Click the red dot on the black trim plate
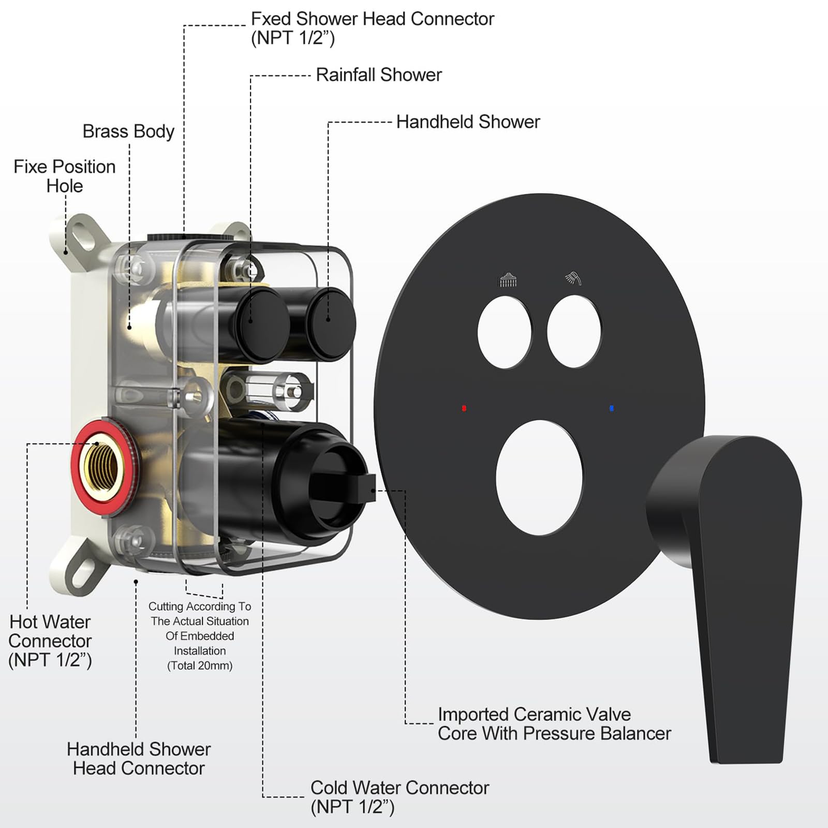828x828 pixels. (x=464, y=408)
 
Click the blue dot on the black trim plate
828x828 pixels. (x=612, y=408)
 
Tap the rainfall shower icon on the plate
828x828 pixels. (x=508, y=279)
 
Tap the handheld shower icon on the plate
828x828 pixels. (x=573, y=278)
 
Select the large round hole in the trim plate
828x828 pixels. (x=539, y=478)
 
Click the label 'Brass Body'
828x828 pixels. (x=128, y=131)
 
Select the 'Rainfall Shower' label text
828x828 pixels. (x=379, y=75)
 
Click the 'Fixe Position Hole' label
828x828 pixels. (x=65, y=176)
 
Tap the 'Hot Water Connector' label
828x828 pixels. (x=50, y=641)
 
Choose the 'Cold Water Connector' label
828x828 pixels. (x=400, y=797)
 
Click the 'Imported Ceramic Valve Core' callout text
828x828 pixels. (x=554, y=723)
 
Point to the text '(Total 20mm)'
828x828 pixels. (x=200, y=666)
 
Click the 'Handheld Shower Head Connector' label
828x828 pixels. (x=139, y=759)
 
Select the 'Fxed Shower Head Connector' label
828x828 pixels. (x=373, y=28)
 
